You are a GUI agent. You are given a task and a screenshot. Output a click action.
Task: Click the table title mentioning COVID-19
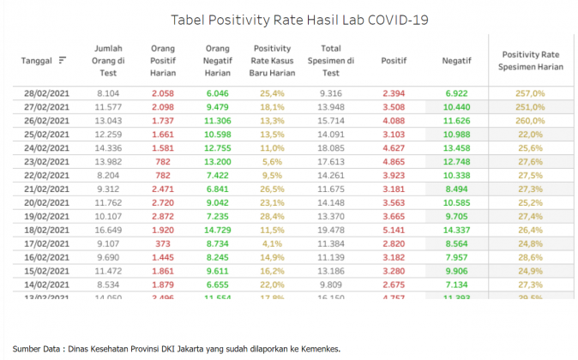point(299,19)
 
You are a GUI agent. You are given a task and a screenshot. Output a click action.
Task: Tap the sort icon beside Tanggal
point(63,61)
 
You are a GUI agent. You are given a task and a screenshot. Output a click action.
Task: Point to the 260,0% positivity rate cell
point(531,121)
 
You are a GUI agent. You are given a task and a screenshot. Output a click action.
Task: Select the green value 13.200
point(219,162)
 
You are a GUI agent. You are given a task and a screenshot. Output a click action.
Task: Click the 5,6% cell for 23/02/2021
point(272,162)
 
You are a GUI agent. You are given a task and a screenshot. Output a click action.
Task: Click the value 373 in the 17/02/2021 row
point(161,245)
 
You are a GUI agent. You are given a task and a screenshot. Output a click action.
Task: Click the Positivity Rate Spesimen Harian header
point(531,61)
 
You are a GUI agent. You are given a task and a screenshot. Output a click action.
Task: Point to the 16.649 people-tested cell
point(108,231)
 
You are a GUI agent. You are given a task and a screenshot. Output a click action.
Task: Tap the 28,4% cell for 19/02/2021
point(272,218)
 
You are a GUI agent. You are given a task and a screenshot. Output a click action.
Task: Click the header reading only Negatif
point(455,61)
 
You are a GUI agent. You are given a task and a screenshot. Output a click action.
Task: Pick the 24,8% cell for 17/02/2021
point(531,245)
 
